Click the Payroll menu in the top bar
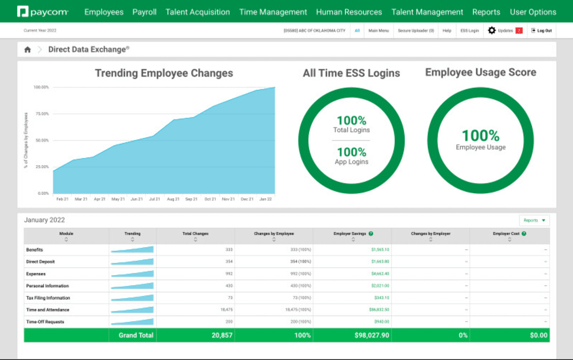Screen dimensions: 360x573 (144, 12)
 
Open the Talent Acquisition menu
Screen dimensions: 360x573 (197, 12)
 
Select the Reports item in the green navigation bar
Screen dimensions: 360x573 (486, 12)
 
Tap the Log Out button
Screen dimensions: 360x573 (541, 31)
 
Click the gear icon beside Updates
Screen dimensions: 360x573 (492, 31)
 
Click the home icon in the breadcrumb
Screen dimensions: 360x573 (28, 50)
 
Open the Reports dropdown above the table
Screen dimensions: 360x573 (534, 221)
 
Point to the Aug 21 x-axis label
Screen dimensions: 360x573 (173, 199)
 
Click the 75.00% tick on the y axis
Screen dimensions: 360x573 (41, 114)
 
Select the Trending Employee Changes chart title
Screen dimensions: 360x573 (164, 73)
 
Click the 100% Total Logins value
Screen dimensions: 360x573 (352, 121)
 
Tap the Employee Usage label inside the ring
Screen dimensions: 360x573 (481, 147)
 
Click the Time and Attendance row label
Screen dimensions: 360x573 (48, 310)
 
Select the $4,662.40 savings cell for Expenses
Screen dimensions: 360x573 (379, 274)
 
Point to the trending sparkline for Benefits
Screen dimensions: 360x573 (133, 250)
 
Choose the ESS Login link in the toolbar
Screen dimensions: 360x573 (470, 31)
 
